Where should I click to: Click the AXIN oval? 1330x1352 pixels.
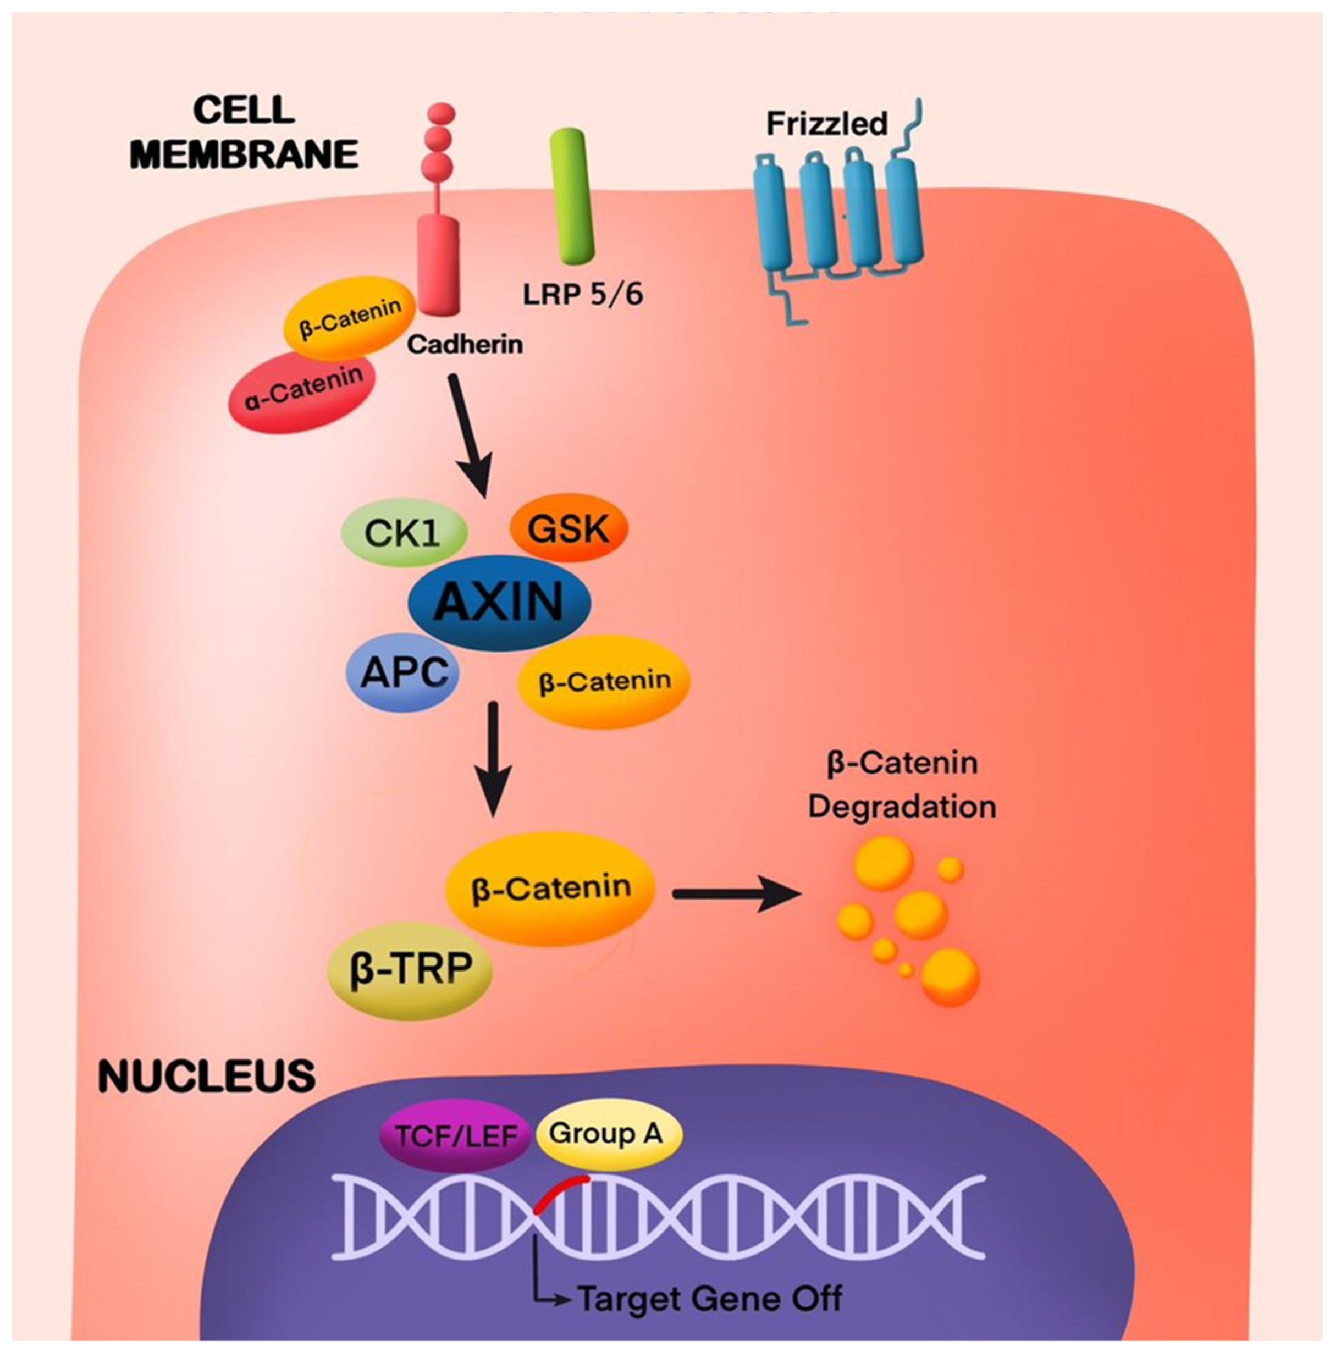pos(499,602)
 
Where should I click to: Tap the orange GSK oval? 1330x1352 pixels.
pos(569,529)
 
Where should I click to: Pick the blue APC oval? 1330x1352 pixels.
pos(403,674)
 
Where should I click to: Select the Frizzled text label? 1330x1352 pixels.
pos(826,124)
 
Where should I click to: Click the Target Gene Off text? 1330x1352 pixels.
pos(710,1298)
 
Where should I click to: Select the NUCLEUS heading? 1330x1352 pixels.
pos(207,1076)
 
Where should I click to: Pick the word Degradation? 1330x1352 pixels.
pos(902,807)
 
